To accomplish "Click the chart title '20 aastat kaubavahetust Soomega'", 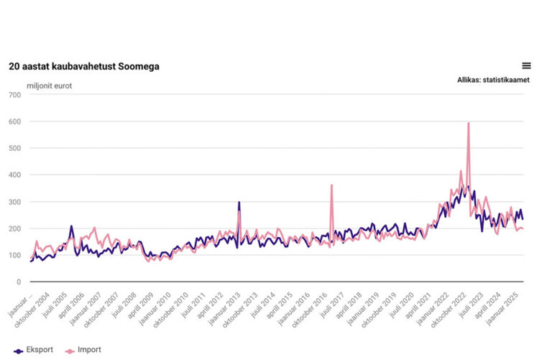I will click(x=84, y=66).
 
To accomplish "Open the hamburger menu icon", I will click(x=526, y=65).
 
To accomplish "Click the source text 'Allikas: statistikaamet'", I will click(x=493, y=80).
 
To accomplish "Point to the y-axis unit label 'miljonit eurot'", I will click(x=50, y=86).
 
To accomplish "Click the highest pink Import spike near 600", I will click(x=469, y=124).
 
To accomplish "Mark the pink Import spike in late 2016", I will click(x=331, y=185).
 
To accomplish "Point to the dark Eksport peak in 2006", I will click(x=71, y=226).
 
